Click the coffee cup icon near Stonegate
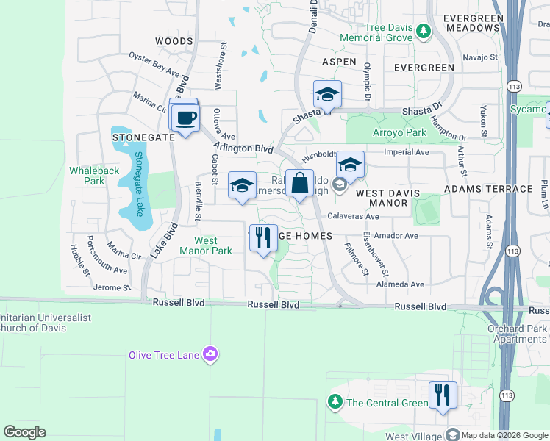pyautogui.click(x=185, y=118)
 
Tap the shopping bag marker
pyautogui.click(x=300, y=184)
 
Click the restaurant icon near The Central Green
pyautogui.click(x=443, y=395)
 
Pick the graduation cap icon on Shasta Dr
pyautogui.click(x=327, y=94)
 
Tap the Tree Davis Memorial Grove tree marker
pyautogui.click(x=423, y=31)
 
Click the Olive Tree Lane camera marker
pyautogui.click(x=211, y=355)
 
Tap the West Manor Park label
pyautogui.click(x=206, y=245)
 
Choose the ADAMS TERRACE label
pyautogui.click(x=488, y=189)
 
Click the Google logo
pyautogui.click(x=25, y=432)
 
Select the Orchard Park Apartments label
pyautogui.click(x=517, y=334)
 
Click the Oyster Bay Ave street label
pyautogui.click(x=154, y=65)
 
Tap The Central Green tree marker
pyautogui.click(x=335, y=402)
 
